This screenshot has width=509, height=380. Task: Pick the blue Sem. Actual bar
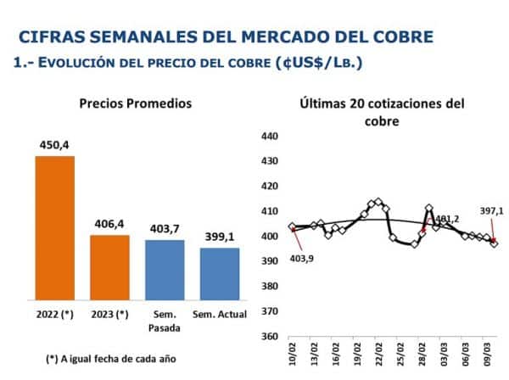[220, 273]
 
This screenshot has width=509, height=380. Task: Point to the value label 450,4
[54, 146]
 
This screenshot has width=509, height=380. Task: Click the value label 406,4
[110, 224]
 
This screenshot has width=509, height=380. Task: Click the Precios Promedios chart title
[136, 103]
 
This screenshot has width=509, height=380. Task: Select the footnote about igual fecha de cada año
[110, 358]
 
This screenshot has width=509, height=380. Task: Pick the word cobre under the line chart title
[382, 121]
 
